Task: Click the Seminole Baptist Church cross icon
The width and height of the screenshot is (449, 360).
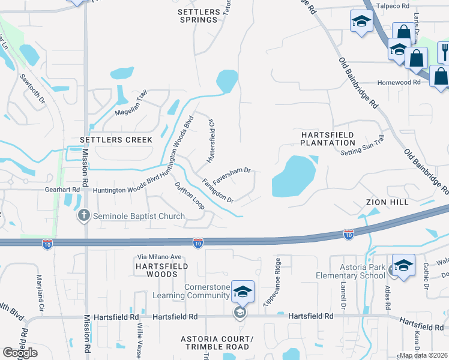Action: click(x=84, y=215)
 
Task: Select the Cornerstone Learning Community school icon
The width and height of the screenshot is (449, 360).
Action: click(x=243, y=292)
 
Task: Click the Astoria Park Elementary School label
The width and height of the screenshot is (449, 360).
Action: click(x=351, y=271)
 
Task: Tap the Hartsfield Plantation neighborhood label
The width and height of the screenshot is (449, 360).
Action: click(x=327, y=139)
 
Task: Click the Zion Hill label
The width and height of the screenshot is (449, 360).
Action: click(x=387, y=203)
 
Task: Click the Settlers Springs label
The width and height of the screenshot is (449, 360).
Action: click(x=197, y=16)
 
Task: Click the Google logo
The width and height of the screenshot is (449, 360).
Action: click(x=20, y=353)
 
